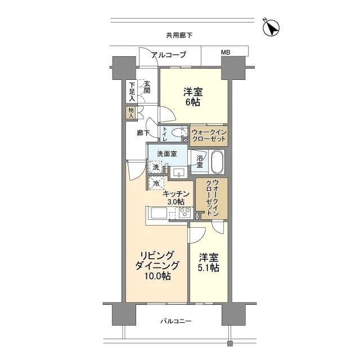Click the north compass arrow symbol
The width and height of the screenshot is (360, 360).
[x=271, y=28]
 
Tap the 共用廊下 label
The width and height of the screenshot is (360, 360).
[x=179, y=35]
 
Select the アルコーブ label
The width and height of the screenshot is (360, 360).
[x=169, y=55]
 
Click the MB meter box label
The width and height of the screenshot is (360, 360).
[x=226, y=52]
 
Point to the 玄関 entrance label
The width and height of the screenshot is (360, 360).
[x=147, y=87]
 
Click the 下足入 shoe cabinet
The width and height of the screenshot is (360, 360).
[x=132, y=91]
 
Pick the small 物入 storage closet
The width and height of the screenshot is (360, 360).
[x=131, y=112]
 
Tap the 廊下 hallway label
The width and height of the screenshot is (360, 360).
[x=143, y=133]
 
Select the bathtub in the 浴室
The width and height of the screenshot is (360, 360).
[x=218, y=162]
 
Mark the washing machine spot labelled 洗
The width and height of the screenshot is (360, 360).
[x=156, y=167]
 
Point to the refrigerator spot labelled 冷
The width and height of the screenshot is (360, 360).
[x=156, y=183]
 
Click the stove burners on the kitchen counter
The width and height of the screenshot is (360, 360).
[x=184, y=213]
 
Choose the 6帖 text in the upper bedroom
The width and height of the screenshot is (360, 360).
[x=193, y=102]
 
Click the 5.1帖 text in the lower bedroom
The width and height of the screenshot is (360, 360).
[x=209, y=268]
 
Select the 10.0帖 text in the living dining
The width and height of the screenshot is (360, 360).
[x=157, y=276]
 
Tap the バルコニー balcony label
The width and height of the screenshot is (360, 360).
[x=176, y=321]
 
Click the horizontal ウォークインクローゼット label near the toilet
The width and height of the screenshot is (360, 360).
[x=209, y=136]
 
